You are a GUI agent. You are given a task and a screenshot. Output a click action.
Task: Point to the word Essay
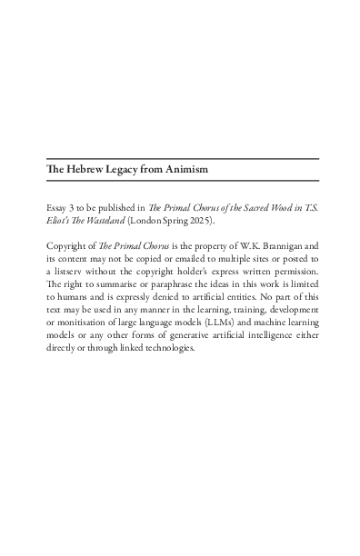click(x=56, y=208)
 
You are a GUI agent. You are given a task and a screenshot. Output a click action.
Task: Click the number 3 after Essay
click(x=75, y=208)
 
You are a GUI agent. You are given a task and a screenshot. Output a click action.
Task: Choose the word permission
click(x=293, y=271)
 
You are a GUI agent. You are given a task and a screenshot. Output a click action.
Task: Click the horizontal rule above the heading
click(x=182, y=158)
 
